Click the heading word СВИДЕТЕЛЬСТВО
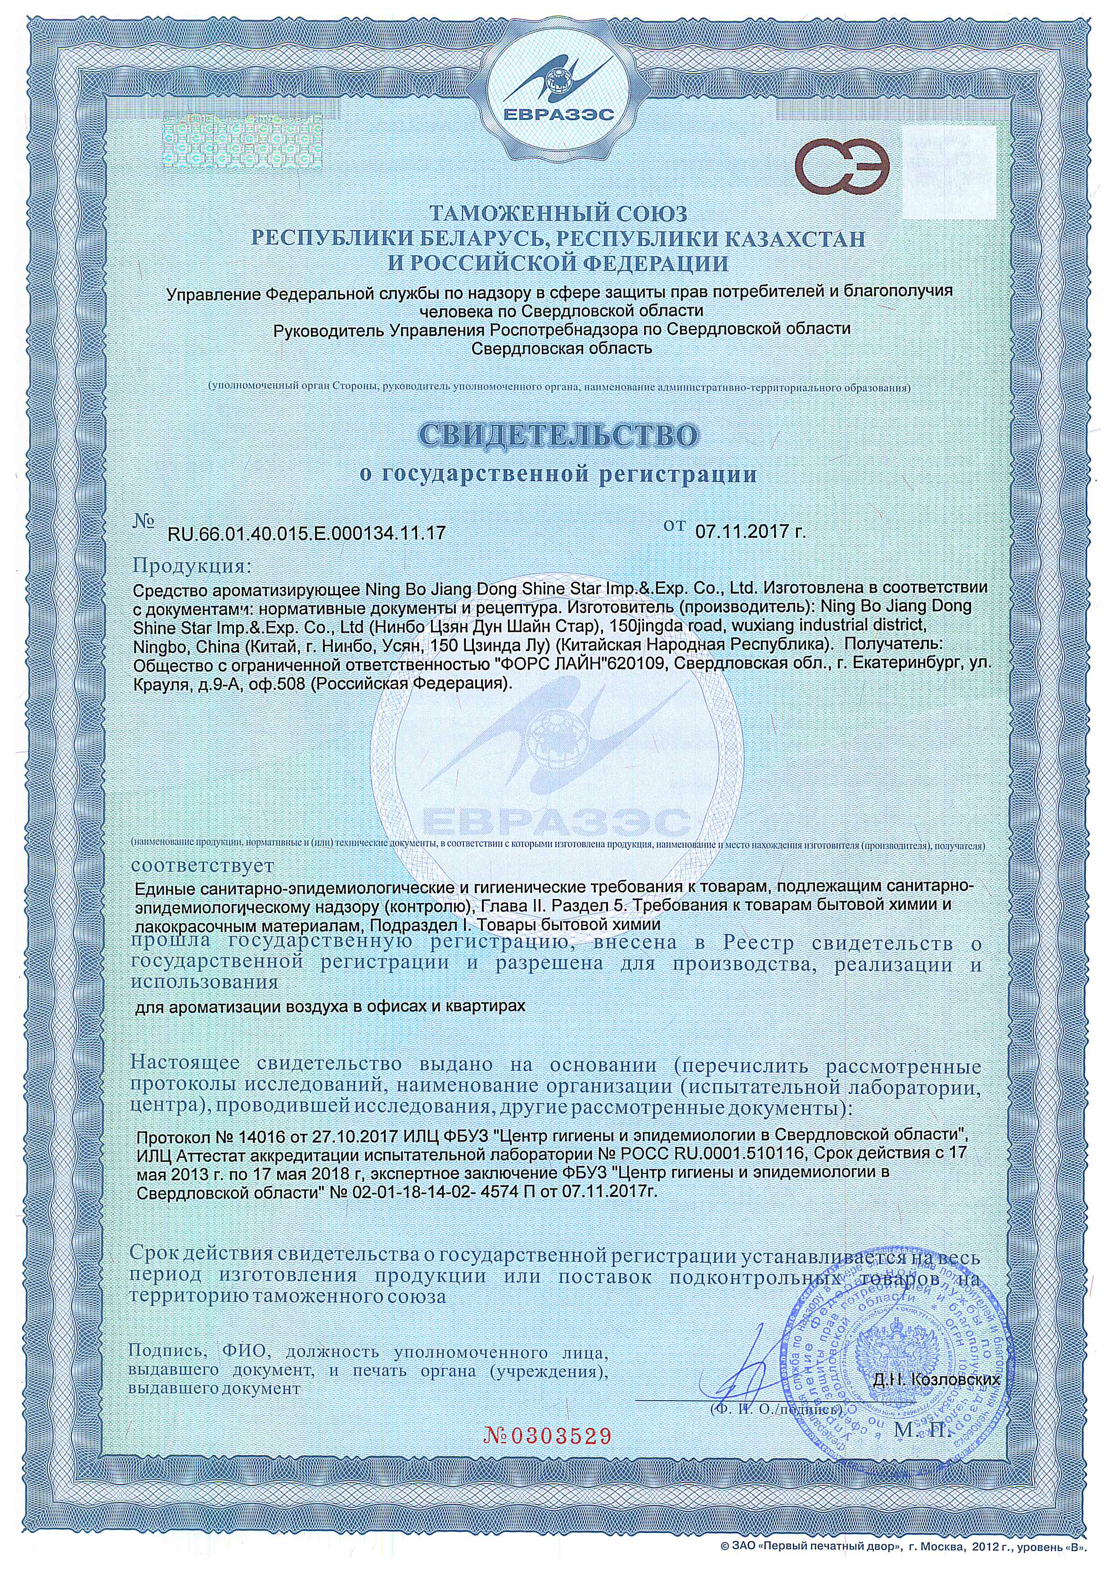tap(558, 435)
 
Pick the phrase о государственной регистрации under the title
tap(558, 474)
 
